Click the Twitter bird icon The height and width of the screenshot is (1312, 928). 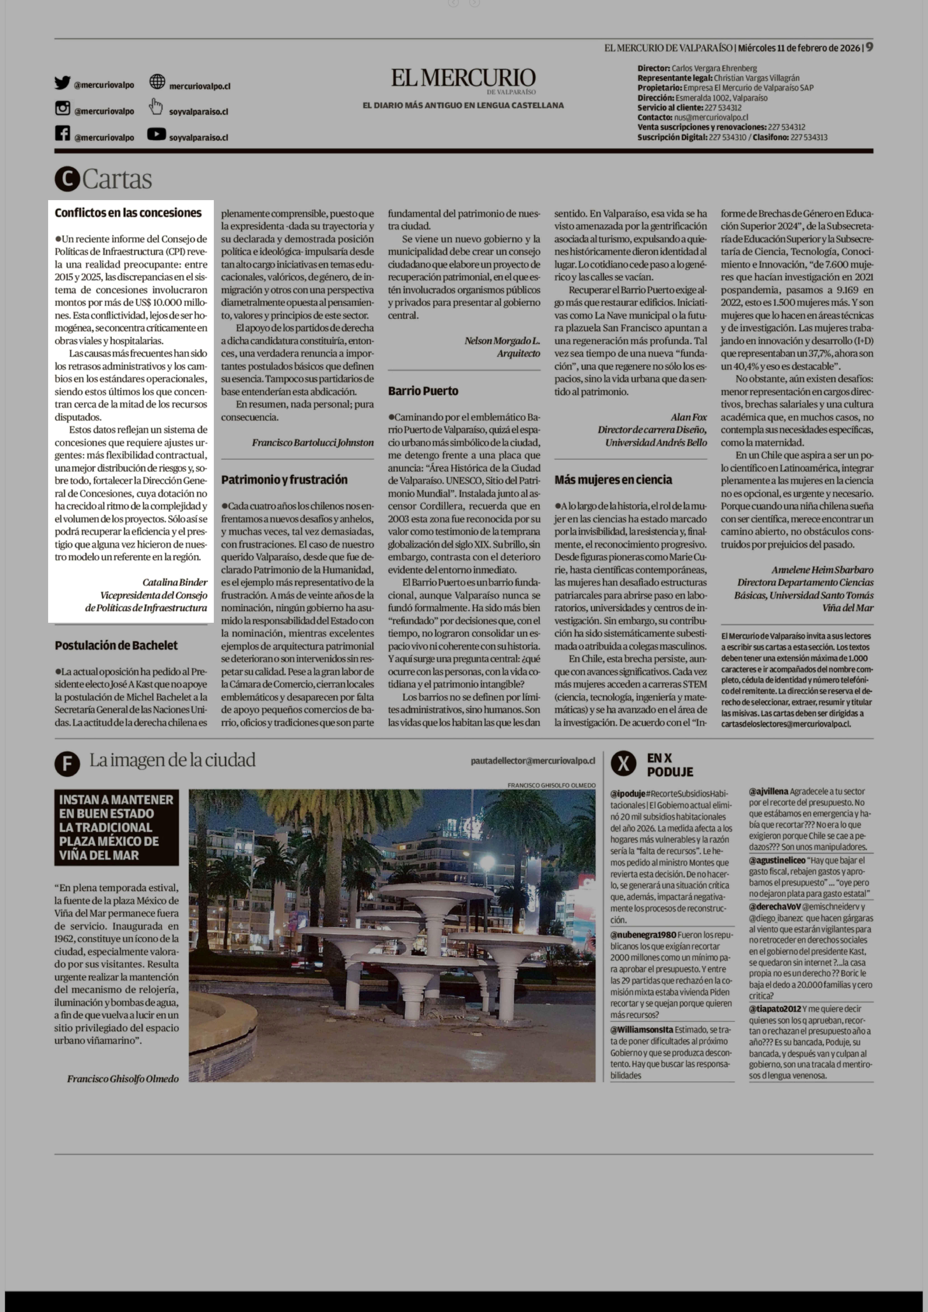point(62,83)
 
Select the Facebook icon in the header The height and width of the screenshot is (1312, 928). point(62,134)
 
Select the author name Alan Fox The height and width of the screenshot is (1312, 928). point(689,417)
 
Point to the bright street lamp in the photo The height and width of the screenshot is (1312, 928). point(487,862)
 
